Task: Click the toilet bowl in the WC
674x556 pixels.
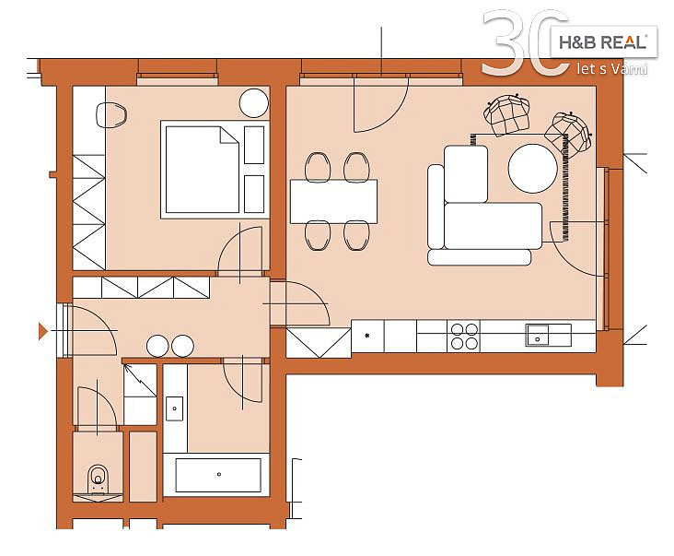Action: click(98, 479)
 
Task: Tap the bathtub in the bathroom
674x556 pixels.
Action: click(218, 475)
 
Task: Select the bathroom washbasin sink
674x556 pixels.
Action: click(175, 408)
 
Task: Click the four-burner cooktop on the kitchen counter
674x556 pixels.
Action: click(464, 337)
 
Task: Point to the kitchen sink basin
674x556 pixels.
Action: click(538, 336)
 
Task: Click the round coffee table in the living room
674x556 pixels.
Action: click(532, 168)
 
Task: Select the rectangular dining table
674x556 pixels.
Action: click(333, 201)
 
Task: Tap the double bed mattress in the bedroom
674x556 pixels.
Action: click(202, 169)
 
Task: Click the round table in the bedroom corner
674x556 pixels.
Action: click(254, 103)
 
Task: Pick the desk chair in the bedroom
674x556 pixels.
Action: click(111, 115)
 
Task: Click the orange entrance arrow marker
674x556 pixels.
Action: click(42, 331)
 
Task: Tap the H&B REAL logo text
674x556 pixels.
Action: click(603, 42)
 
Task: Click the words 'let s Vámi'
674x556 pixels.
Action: click(612, 69)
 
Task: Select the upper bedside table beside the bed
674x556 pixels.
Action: click(254, 145)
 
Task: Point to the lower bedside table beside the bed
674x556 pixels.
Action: click(254, 194)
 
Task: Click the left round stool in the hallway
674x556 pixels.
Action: click(157, 346)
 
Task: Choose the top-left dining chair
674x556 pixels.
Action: click(318, 167)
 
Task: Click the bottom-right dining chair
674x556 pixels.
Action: click(356, 235)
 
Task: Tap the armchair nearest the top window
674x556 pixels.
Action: click(506, 114)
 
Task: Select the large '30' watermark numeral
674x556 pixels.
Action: click(525, 42)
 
